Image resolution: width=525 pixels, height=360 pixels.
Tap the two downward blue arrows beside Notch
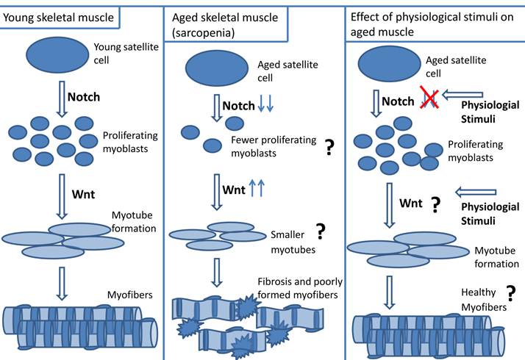pos(267,105)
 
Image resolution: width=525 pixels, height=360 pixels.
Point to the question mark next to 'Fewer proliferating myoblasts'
pos(329,147)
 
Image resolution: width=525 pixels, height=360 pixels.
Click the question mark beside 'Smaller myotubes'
pos(320,232)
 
